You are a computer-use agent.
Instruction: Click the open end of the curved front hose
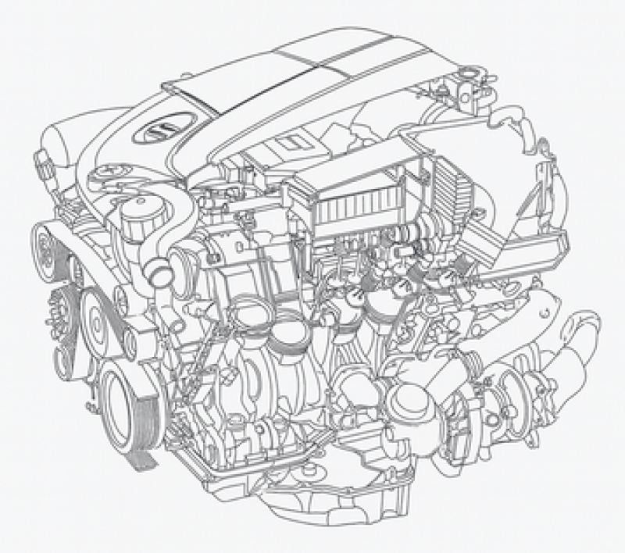point(159,275)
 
